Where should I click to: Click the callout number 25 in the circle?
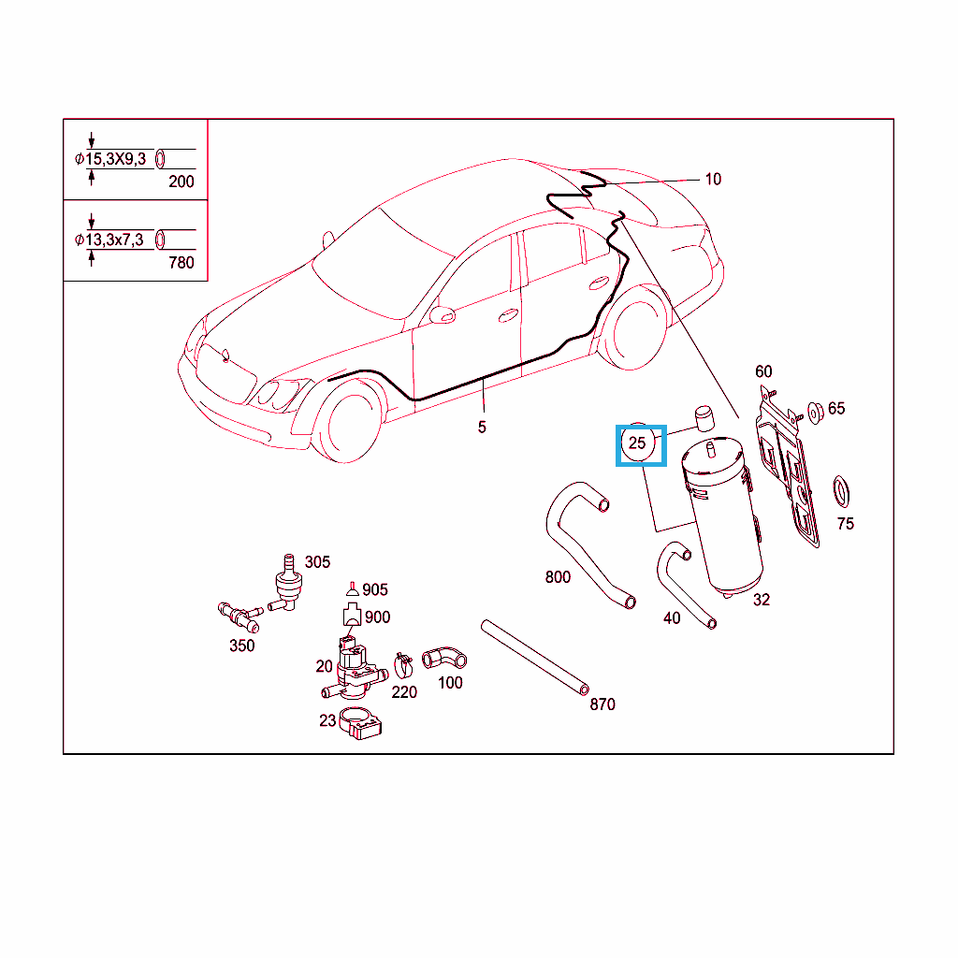point(636,443)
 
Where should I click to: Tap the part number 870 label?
point(602,704)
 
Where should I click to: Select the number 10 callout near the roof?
point(713,179)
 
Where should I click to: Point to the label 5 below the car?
point(482,427)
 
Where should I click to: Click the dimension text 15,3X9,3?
point(115,159)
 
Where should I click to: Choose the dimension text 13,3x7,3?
point(114,239)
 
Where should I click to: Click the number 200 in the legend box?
point(181,181)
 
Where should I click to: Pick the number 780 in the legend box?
point(181,263)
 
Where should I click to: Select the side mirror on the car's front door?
point(443,314)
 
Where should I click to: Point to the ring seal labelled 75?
point(841,492)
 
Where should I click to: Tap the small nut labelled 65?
point(815,413)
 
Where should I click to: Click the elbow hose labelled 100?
point(444,658)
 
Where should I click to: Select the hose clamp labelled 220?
point(402,665)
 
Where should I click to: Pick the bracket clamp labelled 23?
point(360,723)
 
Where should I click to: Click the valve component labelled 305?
point(286,585)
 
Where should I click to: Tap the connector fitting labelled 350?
point(239,617)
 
